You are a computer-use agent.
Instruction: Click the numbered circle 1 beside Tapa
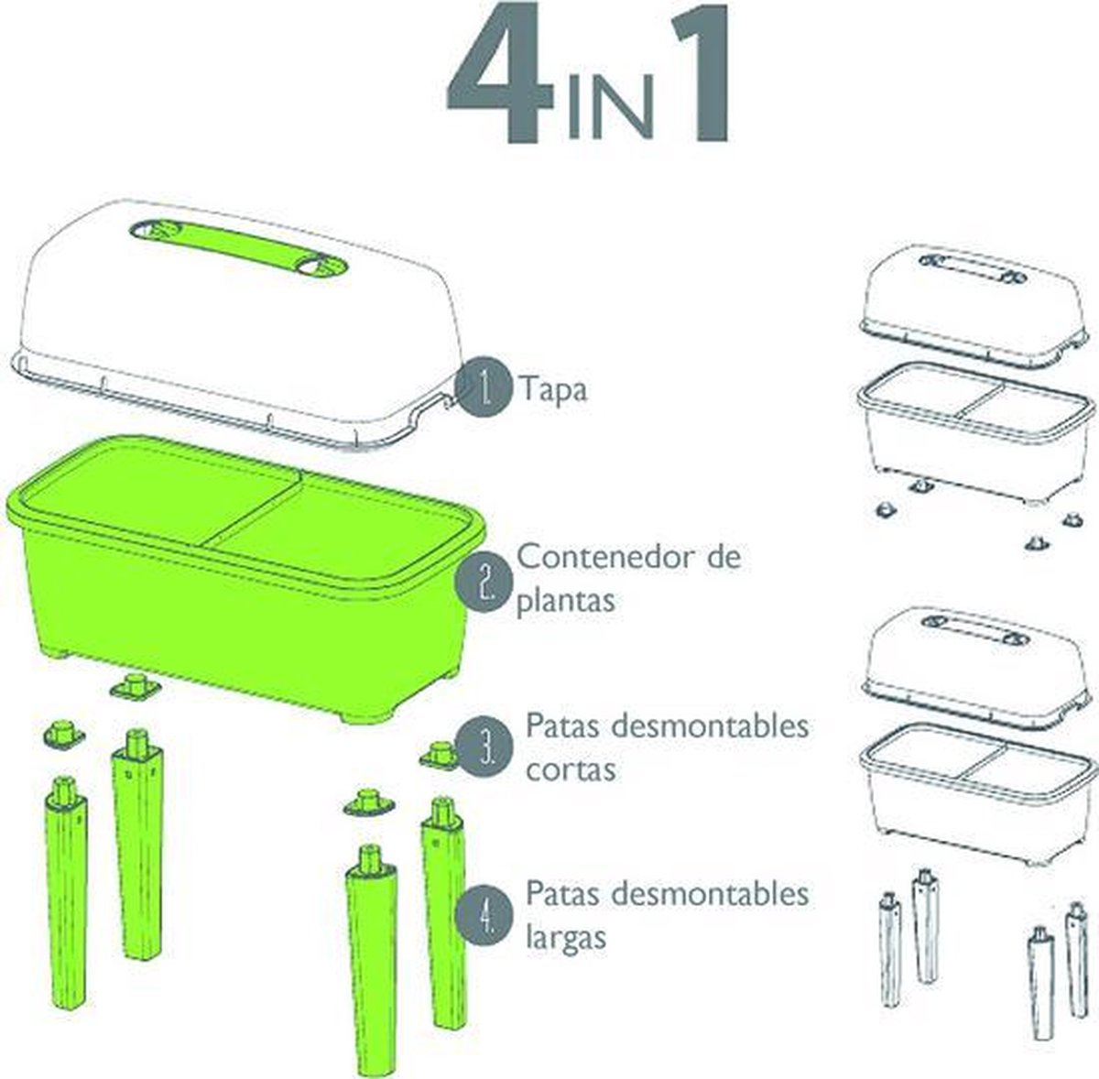tap(484, 387)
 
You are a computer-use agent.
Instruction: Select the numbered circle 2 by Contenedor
tap(484, 583)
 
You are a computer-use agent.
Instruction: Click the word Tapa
tap(553, 390)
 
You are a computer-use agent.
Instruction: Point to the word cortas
tap(571, 770)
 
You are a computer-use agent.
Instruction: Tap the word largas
tap(566, 939)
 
